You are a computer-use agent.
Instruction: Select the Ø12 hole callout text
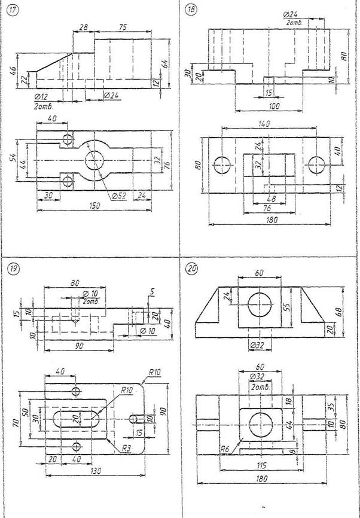pos(42,97)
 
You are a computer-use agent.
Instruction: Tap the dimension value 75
pos(122,28)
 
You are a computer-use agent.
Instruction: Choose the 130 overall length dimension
pos(93,472)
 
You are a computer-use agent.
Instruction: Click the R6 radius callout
pos(225,448)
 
